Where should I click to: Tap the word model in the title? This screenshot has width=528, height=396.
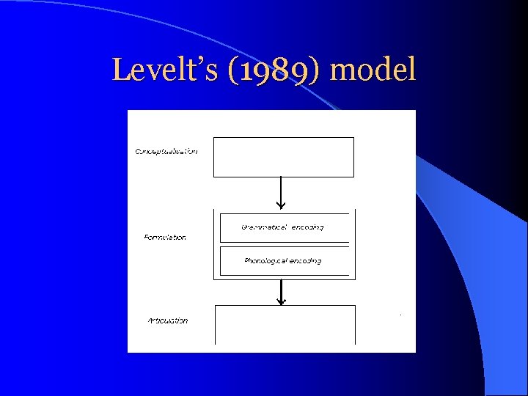[x=374, y=70]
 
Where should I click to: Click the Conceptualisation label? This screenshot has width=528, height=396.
[x=166, y=151]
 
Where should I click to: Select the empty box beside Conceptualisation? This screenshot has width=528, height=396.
[x=283, y=157]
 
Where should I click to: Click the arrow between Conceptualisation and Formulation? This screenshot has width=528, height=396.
[x=280, y=193]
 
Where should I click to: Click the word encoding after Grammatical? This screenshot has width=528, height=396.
[x=307, y=227]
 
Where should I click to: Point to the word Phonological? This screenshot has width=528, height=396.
[x=265, y=261]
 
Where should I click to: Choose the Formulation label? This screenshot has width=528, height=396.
[x=164, y=238]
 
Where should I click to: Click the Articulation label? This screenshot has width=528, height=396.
[x=167, y=320]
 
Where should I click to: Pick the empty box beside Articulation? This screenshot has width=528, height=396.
[x=285, y=324]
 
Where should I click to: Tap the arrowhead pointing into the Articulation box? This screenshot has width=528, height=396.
[x=280, y=301]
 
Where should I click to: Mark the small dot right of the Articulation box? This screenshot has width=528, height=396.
[x=400, y=315]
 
